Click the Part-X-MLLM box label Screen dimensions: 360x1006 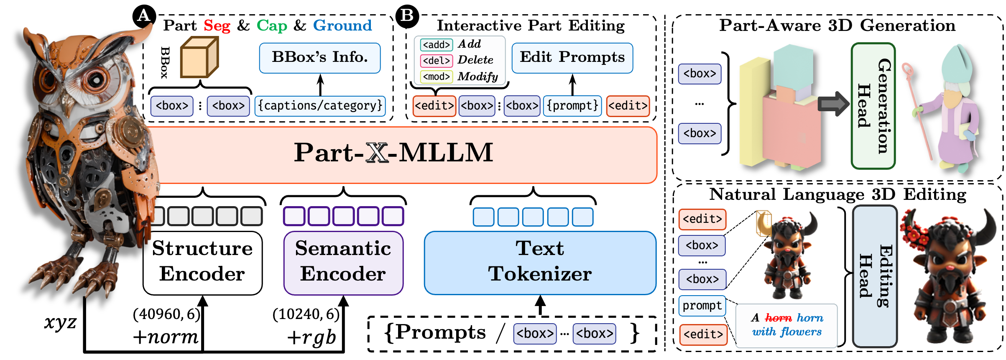[393, 153]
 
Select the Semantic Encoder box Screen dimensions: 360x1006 [343, 263]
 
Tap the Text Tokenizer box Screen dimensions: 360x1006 [540, 263]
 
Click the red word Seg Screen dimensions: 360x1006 [217, 26]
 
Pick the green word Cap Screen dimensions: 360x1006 [272, 26]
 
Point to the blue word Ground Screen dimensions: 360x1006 [342, 26]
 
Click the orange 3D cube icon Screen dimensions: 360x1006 [199, 58]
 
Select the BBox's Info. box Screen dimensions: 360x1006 [320, 58]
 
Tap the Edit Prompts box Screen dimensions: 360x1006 [572, 58]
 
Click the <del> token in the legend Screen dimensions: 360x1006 [436, 61]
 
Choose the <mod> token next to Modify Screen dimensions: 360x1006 [436, 77]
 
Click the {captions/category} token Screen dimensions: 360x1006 [320, 106]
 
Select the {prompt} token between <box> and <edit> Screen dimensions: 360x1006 [572, 106]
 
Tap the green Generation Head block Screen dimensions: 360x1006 [873, 106]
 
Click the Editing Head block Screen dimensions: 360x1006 [875, 276]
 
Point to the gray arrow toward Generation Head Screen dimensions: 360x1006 [833, 104]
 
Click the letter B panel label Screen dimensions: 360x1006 [406, 15]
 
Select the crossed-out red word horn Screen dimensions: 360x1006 [778, 318]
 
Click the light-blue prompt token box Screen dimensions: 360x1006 [702, 306]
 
